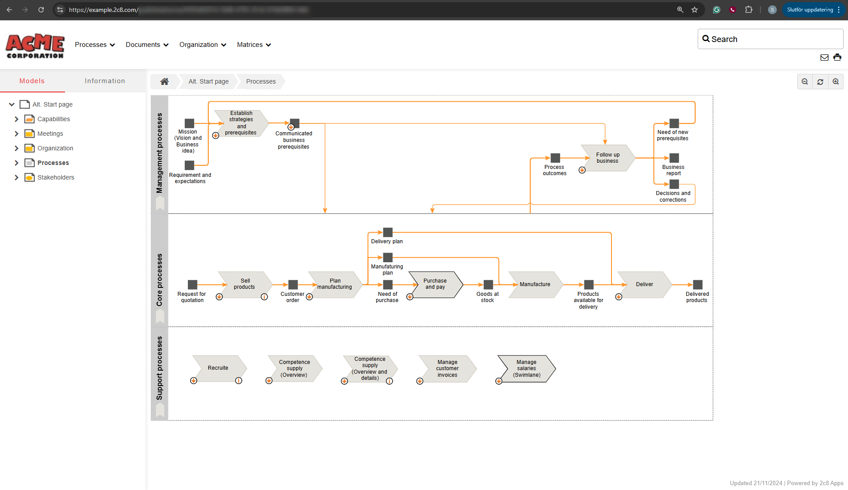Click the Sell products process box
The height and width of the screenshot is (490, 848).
point(245,284)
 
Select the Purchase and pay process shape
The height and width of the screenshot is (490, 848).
point(435,284)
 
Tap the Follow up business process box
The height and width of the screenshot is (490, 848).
point(607,158)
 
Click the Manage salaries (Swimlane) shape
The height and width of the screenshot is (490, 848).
point(526,368)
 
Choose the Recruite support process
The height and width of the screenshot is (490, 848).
point(218,368)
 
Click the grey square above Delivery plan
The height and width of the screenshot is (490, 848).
point(388,232)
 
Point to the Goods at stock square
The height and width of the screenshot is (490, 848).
point(488,284)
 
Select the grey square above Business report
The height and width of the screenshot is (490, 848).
point(674,158)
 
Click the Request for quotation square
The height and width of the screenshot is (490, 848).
point(192,284)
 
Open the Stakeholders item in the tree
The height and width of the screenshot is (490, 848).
point(56,177)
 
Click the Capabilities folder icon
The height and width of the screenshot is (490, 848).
point(30,119)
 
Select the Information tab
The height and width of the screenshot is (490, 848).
point(105,81)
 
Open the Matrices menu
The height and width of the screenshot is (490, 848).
point(254,45)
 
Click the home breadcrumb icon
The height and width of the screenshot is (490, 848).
point(164,81)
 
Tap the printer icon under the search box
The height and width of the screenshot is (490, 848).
point(837,57)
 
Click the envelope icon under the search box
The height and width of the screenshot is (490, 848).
point(824,57)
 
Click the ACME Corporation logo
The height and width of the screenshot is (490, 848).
point(35,46)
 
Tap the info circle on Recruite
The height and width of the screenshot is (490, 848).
point(239,381)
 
